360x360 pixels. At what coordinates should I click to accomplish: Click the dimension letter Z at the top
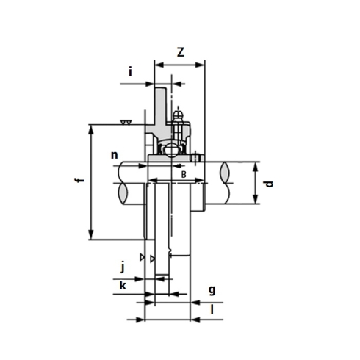[181, 52]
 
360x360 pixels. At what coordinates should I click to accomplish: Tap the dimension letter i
[130, 72]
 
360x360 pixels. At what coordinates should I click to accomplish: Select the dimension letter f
[79, 181]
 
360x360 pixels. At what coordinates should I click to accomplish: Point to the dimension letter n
[115, 155]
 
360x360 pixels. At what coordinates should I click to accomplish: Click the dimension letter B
[184, 174]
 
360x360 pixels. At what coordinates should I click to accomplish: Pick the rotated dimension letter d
[269, 184]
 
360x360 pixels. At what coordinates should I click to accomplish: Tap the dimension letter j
[123, 267]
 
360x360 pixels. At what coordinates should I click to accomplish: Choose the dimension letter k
[123, 285]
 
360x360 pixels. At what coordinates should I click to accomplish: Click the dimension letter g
[212, 290]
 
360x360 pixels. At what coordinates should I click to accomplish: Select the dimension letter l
[212, 310]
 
